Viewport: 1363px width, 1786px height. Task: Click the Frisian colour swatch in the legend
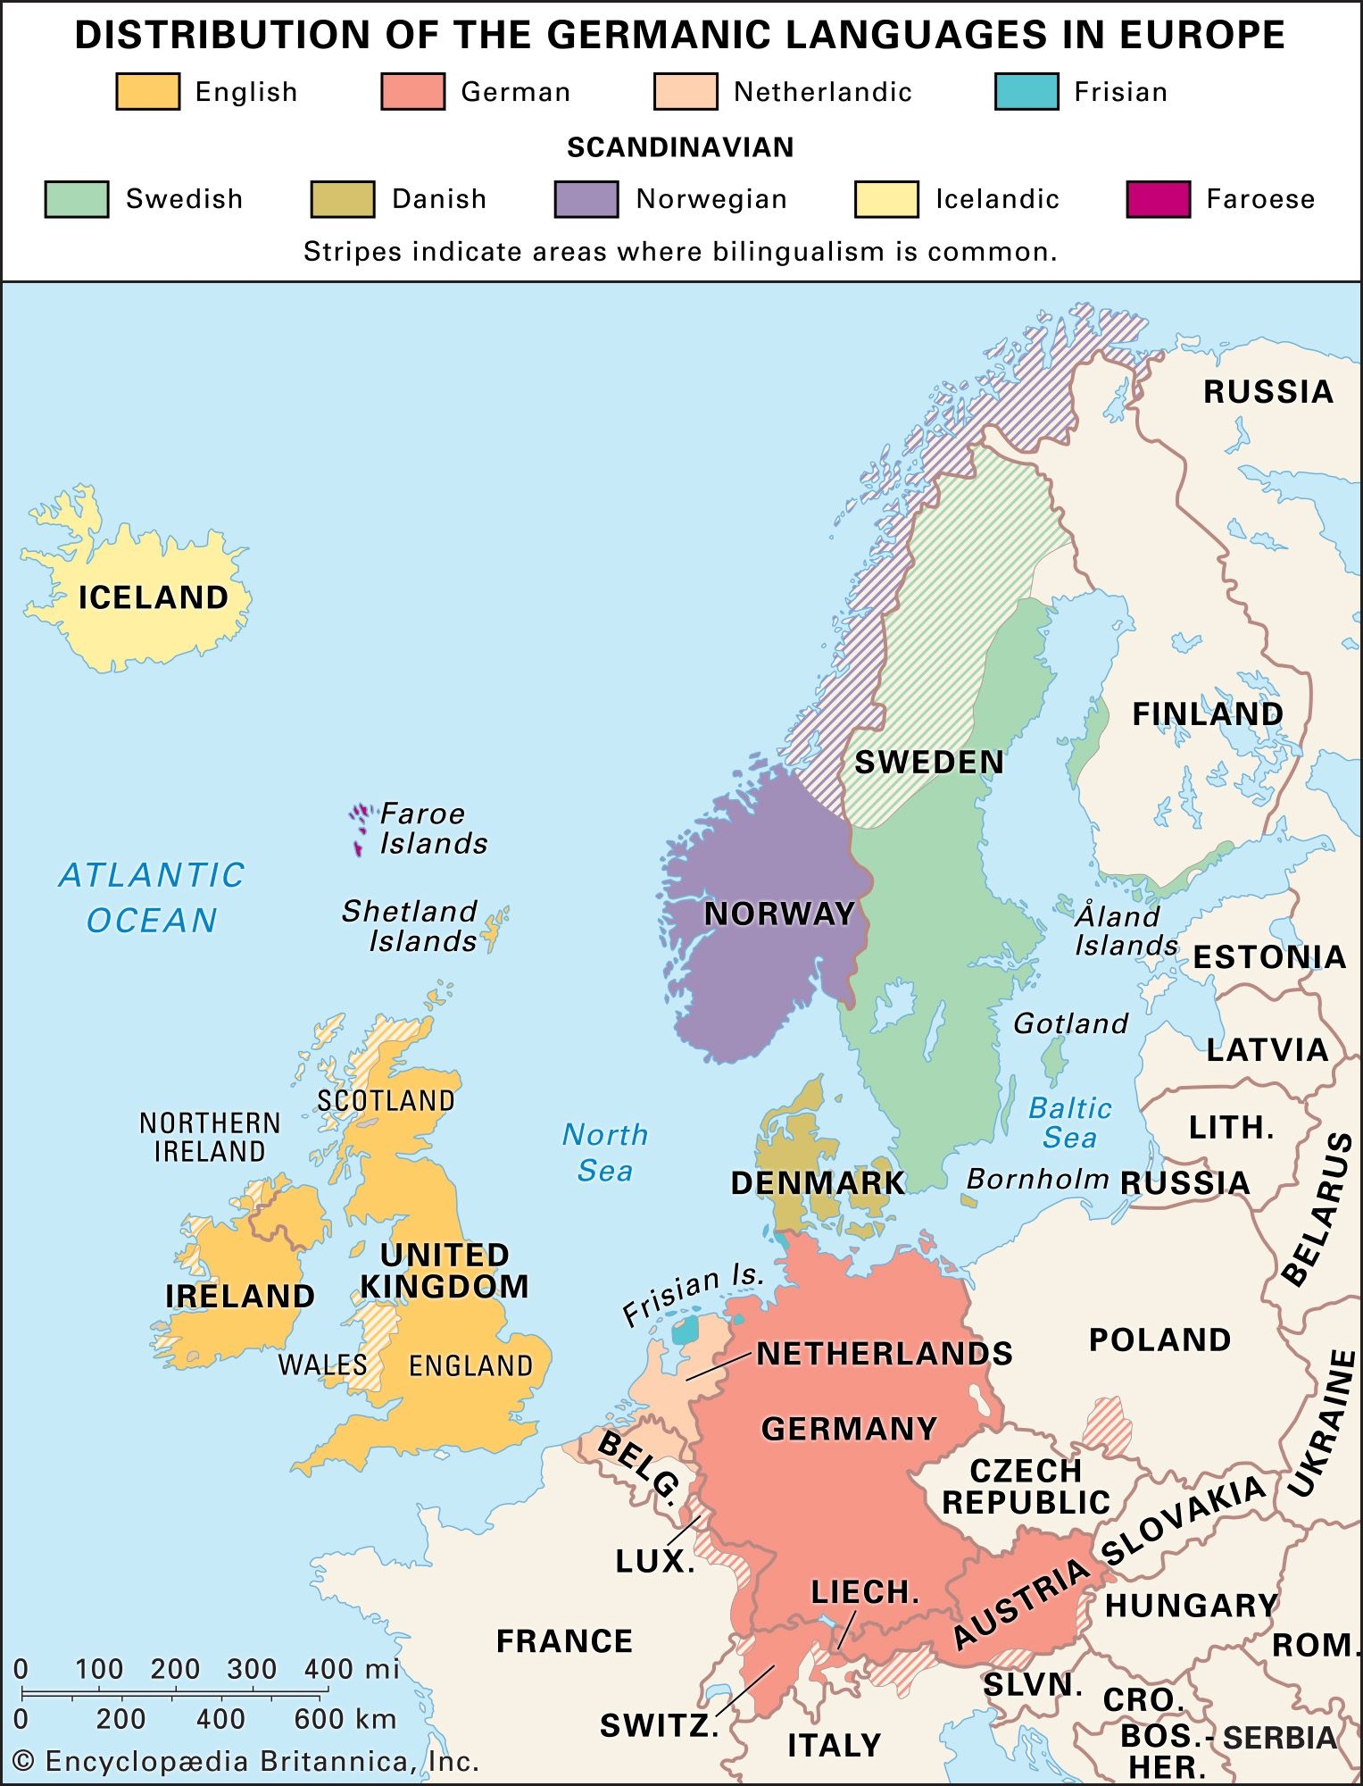coord(1026,92)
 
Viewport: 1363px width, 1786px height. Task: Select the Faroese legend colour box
coord(1158,199)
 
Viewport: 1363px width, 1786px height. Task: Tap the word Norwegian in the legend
coord(711,199)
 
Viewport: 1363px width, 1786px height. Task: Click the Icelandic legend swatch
coord(885,199)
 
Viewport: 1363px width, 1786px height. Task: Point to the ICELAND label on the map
coord(153,597)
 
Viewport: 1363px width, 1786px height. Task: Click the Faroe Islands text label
coord(433,829)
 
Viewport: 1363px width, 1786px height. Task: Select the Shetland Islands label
coord(410,926)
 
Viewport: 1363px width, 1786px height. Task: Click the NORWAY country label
coord(779,914)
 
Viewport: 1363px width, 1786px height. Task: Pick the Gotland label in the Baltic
coord(1070,1023)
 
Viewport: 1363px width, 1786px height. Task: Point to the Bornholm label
coord(1037,1179)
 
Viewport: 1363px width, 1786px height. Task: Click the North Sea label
coord(604,1152)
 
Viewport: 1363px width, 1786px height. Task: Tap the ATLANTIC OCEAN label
coord(152,897)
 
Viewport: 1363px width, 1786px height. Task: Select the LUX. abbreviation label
coord(654,1561)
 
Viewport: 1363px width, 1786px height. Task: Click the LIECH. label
coord(864,1591)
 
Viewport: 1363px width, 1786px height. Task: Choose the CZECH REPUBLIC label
coord(1026,1487)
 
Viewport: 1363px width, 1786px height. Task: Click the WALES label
coord(322,1365)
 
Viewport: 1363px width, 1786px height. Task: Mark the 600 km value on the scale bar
coord(345,1719)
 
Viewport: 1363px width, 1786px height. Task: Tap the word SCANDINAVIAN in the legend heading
coord(680,147)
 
